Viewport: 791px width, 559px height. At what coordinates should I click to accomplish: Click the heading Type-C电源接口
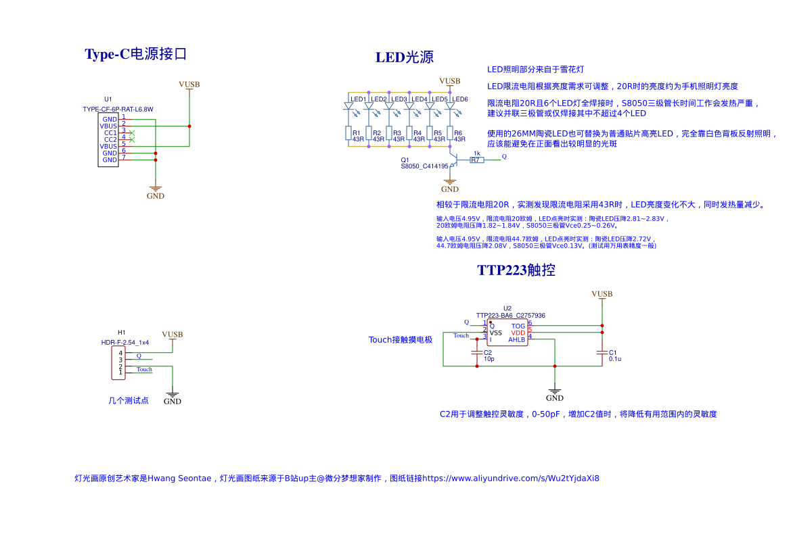pyautogui.click(x=135, y=54)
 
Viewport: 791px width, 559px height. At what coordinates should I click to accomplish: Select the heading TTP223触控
pyautogui.click(x=516, y=270)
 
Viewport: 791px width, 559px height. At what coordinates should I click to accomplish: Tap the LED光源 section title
pyautogui.click(x=405, y=57)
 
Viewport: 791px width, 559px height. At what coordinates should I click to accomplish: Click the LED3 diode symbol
pyautogui.click(x=389, y=106)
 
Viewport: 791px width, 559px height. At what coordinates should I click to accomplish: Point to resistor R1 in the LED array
pyautogui.click(x=348, y=132)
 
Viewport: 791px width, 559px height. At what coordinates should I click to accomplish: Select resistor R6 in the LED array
pyautogui.click(x=450, y=132)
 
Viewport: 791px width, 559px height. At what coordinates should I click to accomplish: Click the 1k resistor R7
pyautogui.click(x=477, y=160)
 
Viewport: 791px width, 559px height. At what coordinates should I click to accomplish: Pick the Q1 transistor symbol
pyautogui.click(x=455, y=160)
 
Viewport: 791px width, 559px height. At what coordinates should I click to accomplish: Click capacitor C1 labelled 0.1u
pyautogui.click(x=602, y=352)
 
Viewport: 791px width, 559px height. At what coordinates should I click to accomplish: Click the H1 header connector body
pyautogui.click(x=116, y=362)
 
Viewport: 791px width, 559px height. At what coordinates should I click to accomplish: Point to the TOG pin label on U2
pyautogui.click(x=518, y=326)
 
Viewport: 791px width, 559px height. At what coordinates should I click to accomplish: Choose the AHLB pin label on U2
pyautogui.click(x=516, y=339)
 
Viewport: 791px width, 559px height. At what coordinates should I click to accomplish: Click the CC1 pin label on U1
pyautogui.click(x=110, y=132)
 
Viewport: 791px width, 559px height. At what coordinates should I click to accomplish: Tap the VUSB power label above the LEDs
pyautogui.click(x=449, y=81)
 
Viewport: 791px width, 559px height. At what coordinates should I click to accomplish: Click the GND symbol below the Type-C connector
pyautogui.click(x=156, y=191)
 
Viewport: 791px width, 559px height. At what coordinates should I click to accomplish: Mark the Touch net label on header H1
pyautogui.click(x=144, y=369)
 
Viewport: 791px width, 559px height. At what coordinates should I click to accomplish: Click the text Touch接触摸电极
pyautogui.click(x=400, y=339)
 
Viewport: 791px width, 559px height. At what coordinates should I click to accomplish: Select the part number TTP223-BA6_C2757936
pyautogui.click(x=510, y=315)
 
